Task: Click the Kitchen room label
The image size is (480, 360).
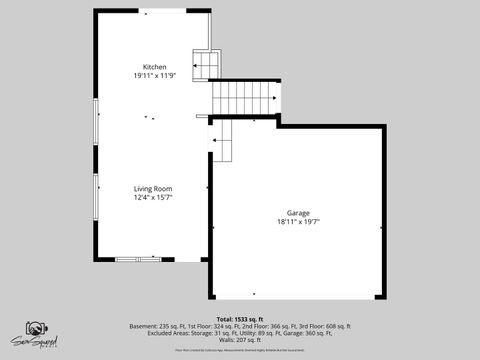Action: (x=154, y=67)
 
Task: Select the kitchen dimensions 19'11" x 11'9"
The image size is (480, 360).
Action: (x=154, y=76)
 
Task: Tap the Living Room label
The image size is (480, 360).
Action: (x=154, y=188)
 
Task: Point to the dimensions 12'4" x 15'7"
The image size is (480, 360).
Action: (x=154, y=197)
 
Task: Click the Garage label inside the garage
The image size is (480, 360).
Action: (x=297, y=213)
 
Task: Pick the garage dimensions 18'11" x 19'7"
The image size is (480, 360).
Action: (x=297, y=222)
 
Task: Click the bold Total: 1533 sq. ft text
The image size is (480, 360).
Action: (x=239, y=319)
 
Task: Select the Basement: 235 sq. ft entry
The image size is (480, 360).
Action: (x=157, y=326)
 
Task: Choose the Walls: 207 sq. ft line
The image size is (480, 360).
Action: (x=239, y=340)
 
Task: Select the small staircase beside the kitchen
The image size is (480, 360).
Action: (x=206, y=64)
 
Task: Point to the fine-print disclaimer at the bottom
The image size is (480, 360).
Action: (x=239, y=350)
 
